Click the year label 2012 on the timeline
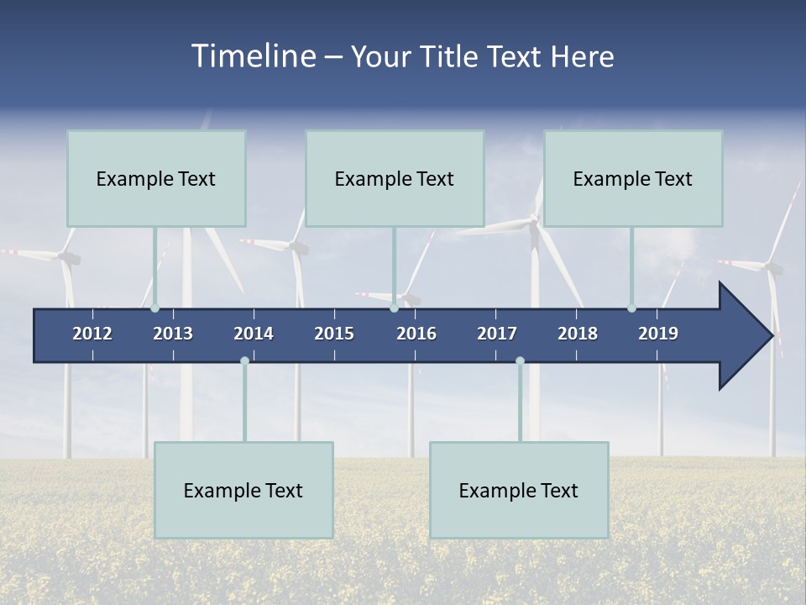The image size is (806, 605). pyautogui.click(x=92, y=334)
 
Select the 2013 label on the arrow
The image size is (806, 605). pyautogui.click(x=173, y=334)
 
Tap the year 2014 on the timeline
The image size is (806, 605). pyautogui.click(x=254, y=334)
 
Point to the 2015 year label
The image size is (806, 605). pyautogui.click(x=334, y=334)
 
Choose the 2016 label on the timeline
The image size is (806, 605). pyautogui.click(x=416, y=334)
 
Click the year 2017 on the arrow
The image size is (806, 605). pyautogui.click(x=497, y=334)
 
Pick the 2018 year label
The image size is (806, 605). pyautogui.click(x=578, y=334)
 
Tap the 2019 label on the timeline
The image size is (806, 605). pyautogui.click(x=658, y=334)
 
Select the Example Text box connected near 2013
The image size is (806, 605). pyautogui.click(x=156, y=178)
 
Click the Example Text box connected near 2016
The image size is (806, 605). pyautogui.click(x=395, y=178)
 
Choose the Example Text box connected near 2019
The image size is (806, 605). pyautogui.click(x=633, y=178)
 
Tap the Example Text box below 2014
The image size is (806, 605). pyautogui.click(x=243, y=490)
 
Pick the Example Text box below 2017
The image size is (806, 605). pyautogui.click(x=519, y=490)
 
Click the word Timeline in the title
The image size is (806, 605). pyautogui.click(x=254, y=56)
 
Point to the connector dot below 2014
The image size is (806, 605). pyautogui.click(x=244, y=360)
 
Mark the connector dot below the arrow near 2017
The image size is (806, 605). pyautogui.click(x=520, y=360)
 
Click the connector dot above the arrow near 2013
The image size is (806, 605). pyautogui.click(x=155, y=308)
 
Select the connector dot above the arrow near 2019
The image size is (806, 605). pyautogui.click(x=631, y=308)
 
